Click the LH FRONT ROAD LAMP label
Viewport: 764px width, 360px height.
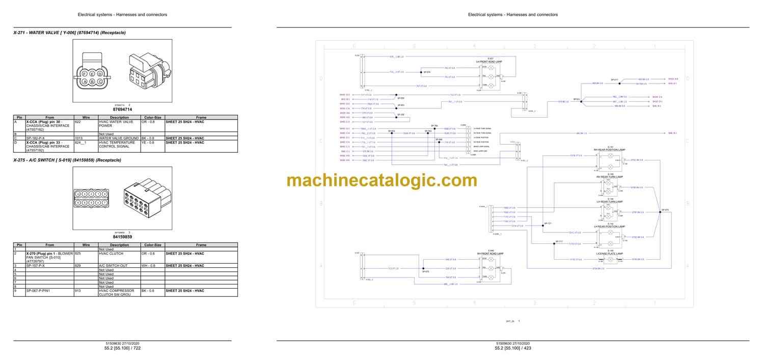click(x=488, y=61)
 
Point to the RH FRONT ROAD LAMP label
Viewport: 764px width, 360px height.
click(x=488, y=253)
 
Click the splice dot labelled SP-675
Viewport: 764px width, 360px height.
click(x=660, y=212)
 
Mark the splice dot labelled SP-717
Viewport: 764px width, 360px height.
click(x=556, y=244)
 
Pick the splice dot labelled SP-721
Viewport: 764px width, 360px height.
click(x=544, y=226)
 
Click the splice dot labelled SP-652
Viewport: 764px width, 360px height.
click(x=392, y=133)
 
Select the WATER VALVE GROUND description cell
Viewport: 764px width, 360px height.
click(x=116, y=138)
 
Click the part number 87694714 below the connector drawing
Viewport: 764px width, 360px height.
click(x=122, y=109)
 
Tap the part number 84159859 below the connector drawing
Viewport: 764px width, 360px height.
click(x=122, y=237)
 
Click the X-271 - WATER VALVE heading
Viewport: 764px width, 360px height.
click(x=69, y=33)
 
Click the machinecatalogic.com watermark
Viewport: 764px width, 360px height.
click(x=382, y=180)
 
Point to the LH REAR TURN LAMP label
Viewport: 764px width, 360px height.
click(x=610, y=202)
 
